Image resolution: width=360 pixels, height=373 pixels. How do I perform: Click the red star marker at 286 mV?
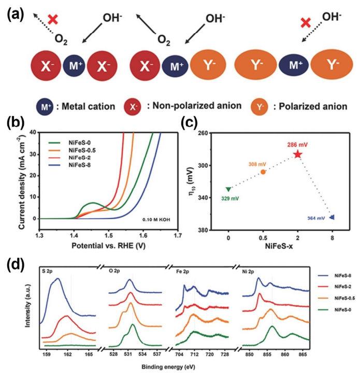[297, 154]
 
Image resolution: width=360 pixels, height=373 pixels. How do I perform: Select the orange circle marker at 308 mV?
[263, 171]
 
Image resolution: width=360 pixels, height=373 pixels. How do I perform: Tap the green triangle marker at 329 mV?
[228, 189]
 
